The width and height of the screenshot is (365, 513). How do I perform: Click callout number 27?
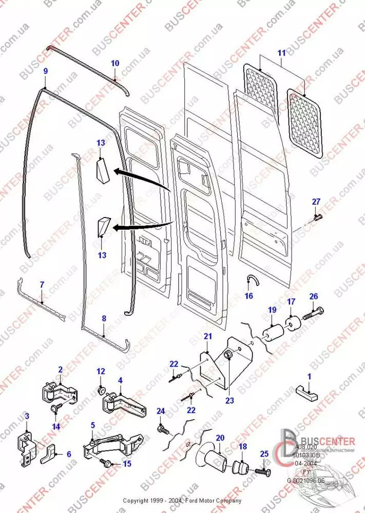click(316, 201)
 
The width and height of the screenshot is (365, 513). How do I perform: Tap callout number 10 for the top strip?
click(114, 63)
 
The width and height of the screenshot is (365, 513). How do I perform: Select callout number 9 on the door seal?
click(46, 70)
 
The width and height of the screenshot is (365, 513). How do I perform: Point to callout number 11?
click(281, 53)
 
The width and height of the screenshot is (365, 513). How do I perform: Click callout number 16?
click(249, 295)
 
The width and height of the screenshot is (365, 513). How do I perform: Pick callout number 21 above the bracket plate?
click(207, 336)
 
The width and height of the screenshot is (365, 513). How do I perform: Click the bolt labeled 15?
click(109, 463)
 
